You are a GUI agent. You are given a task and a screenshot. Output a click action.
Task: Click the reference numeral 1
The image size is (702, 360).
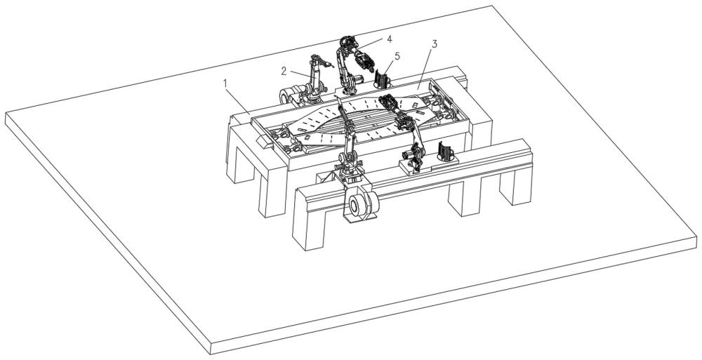coord(225,83)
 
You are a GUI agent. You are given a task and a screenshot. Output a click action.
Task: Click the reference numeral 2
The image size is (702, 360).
coord(284,71)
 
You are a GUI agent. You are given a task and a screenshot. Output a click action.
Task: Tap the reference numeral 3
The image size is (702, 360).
coord(435,44)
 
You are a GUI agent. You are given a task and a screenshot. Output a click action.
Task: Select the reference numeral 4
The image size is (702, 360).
coord(389,39)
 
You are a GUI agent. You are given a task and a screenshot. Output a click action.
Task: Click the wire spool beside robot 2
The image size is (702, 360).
coord(289,95)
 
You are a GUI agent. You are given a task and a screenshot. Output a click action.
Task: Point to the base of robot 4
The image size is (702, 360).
coord(348,88)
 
